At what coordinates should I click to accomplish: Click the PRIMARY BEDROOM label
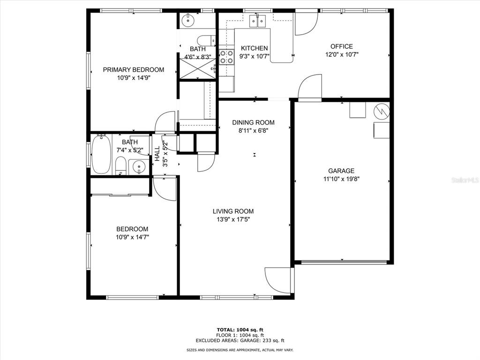coord(134,70)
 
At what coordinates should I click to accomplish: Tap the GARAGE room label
coord(341,171)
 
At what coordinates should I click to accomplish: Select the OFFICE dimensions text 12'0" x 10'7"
coord(342,55)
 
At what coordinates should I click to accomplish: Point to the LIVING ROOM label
coord(233,211)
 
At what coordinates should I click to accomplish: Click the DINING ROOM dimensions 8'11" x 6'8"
coord(253,131)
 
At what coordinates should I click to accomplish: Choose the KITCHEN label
coord(255,48)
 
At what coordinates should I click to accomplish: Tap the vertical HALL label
coord(157,154)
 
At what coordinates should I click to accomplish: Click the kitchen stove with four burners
coord(226,57)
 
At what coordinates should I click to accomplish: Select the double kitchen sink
coord(257,21)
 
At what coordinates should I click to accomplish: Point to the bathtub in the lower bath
coord(101,154)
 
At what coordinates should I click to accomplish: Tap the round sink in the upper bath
coord(187,21)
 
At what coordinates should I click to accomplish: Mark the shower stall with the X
coord(197,69)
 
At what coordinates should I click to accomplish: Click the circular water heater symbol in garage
coord(382,111)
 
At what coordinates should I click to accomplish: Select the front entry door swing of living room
coord(278,280)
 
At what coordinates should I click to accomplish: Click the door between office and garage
coord(310,87)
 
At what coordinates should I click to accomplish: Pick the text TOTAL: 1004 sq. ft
coord(240,330)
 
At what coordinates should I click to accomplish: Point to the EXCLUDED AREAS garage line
coord(240,340)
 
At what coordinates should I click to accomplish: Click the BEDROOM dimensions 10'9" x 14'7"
coord(132,237)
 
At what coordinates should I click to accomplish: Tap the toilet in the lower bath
coord(121,166)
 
